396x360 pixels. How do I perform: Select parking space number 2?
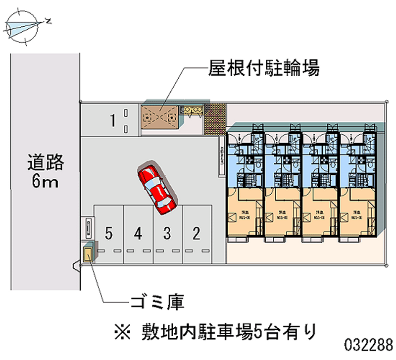[197, 232]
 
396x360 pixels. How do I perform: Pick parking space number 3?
[167, 232]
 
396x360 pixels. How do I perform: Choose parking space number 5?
[109, 232]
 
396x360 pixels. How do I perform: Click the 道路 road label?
[46, 162]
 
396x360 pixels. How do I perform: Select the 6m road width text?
[46, 182]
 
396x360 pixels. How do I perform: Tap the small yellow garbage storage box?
[88, 256]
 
